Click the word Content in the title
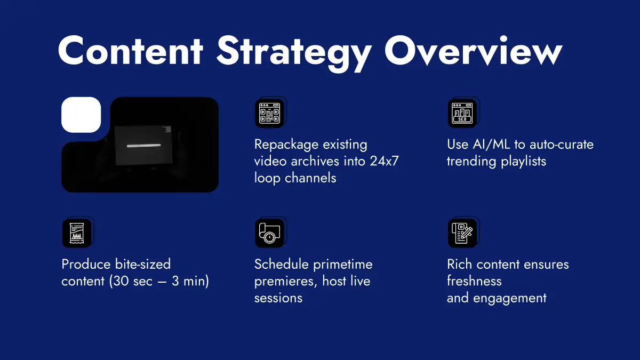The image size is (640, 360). point(131,51)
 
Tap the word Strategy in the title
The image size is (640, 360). point(294,53)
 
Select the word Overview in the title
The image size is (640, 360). point(473,51)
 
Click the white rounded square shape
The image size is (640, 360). point(81,115)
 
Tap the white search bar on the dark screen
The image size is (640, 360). point(143,146)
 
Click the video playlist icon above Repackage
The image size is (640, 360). point(269,113)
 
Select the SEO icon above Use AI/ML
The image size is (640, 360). point(462,113)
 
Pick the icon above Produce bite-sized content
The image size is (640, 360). point(77,233)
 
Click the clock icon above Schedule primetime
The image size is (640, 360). point(269,233)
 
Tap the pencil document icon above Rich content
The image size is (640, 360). point(462,233)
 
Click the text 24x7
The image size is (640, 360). point(384,161)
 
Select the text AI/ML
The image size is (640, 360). point(491,145)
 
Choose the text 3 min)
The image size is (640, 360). point(190,282)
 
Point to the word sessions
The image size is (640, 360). point(278,298)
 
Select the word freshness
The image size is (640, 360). point(474,281)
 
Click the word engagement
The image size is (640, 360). point(510,299)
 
